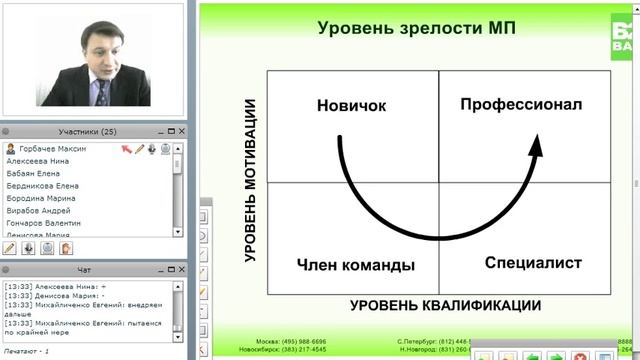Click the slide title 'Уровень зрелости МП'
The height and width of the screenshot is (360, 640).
pos(417,27)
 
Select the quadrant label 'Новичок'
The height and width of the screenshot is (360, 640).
pos(351,105)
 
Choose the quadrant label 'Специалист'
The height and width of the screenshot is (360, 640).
pos(520,263)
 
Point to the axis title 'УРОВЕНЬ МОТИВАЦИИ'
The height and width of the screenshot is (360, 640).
pos(251,180)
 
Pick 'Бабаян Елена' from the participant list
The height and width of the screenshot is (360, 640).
pos(34,173)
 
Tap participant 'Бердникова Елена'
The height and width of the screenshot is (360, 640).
pos(43,185)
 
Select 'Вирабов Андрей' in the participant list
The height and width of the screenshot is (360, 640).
pos(38,210)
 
